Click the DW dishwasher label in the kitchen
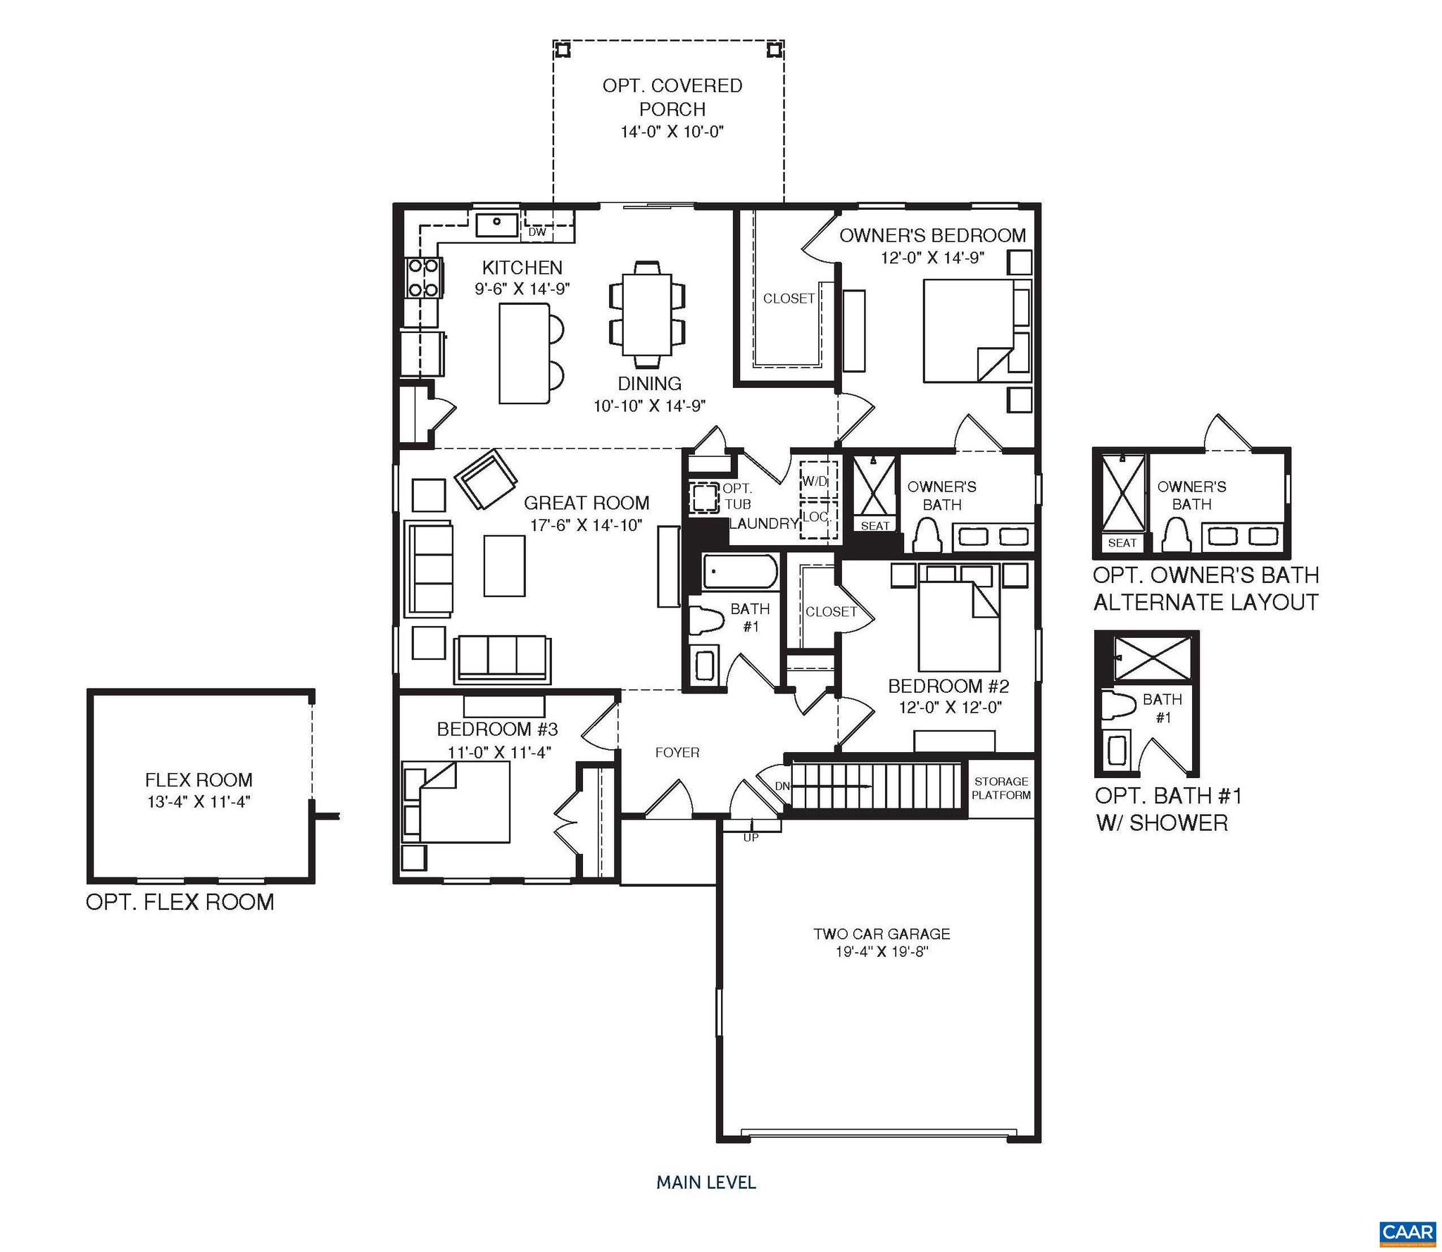[x=537, y=232]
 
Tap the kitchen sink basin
[x=497, y=225]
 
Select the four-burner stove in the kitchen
[x=423, y=277]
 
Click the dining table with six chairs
[x=647, y=315]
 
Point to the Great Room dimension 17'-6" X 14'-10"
[x=586, y=525]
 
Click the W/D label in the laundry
[x=815, y=482]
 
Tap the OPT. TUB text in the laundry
[x=736, y=496]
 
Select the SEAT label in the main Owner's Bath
[x=874, y=525]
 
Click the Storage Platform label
[x=1001, y=788]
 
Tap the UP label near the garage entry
[x=751, y=837]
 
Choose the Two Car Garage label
[x=882, y=934]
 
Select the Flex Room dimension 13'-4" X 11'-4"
[x=199, y=801]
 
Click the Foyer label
[x=677, y=752]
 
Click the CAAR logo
[x=1407, y=1232]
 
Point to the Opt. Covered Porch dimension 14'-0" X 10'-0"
[x=672, y=132]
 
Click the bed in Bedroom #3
[x=461, y=803]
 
